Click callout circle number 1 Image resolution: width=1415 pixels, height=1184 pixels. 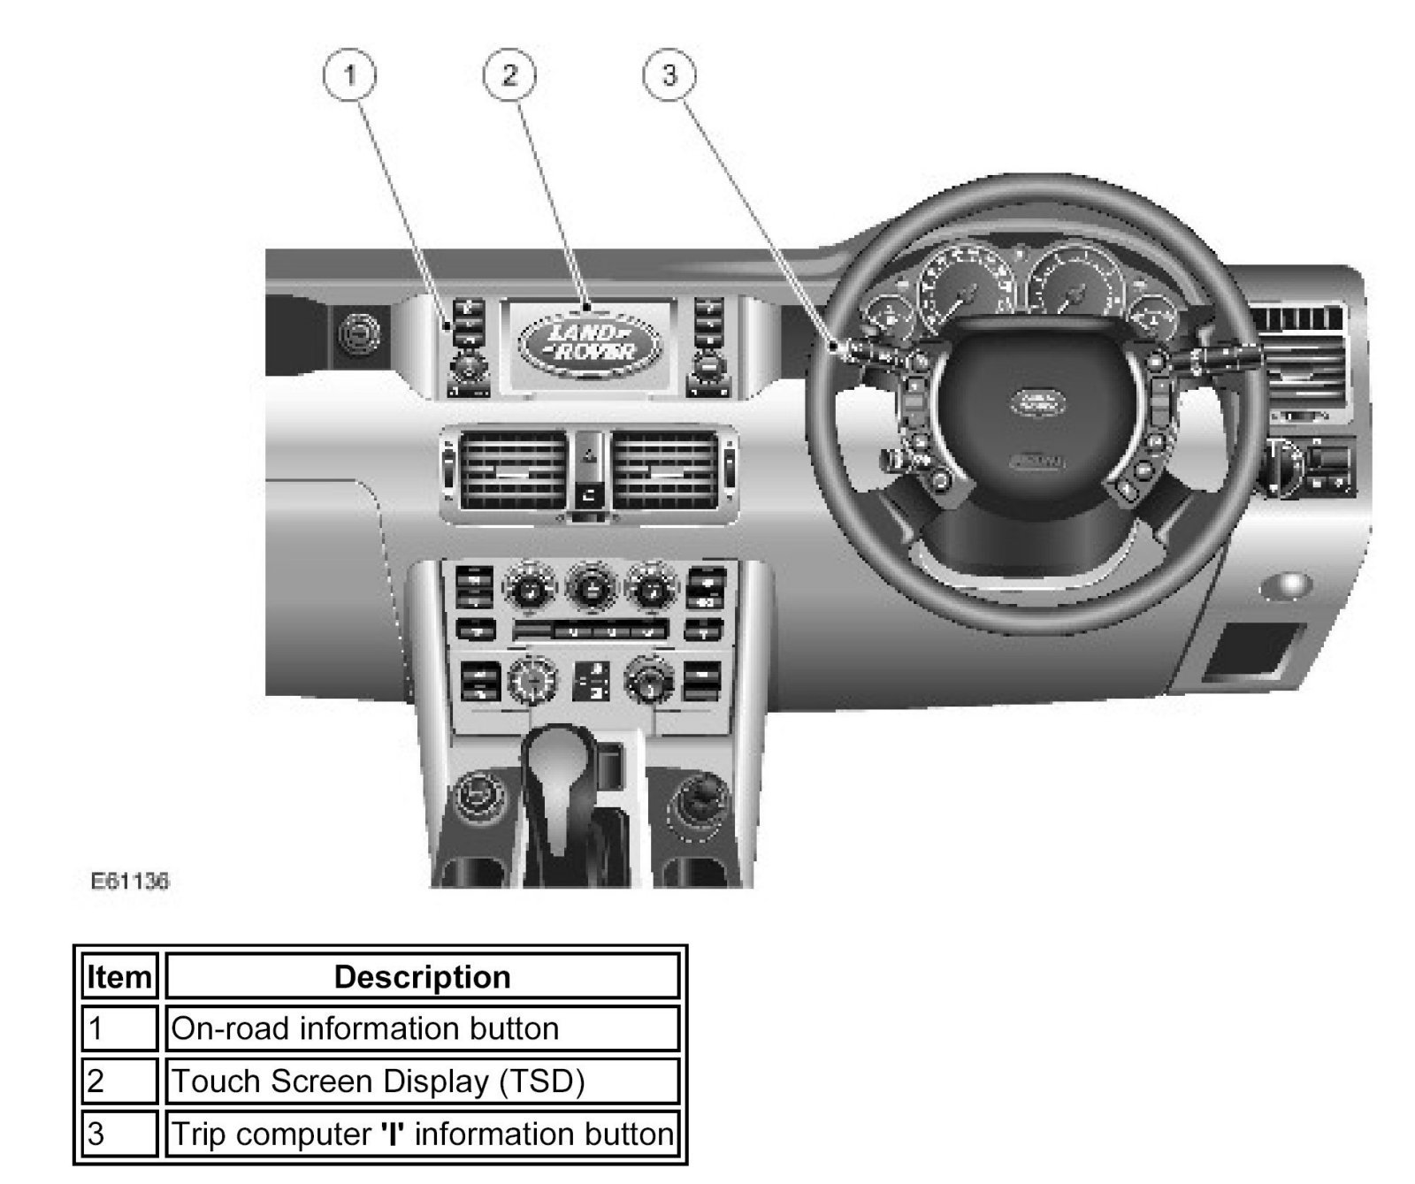[x=350, y=75]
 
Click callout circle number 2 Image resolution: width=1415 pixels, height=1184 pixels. [x=509, y=75]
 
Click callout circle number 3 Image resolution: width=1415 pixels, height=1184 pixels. [x=669, y=75]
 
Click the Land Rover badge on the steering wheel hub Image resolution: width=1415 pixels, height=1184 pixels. [x=1038, y=401]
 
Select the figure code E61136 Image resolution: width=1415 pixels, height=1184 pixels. [x=130, y=881]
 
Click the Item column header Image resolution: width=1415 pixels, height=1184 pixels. [x=119, y=977]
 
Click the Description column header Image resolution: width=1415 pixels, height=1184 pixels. [x=422, y=977]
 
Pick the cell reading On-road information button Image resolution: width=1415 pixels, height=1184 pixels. [x=422, y=1028]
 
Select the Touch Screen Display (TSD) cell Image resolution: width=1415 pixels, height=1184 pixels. [x=422, y=1081]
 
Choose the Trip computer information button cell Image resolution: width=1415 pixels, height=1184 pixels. [x=422, y=1134]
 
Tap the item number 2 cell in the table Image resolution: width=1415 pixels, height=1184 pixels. [x=119, y=1081]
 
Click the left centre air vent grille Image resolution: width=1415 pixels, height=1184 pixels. [x=512, y=470]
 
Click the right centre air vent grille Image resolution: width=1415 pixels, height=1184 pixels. [x=664, y=470]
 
